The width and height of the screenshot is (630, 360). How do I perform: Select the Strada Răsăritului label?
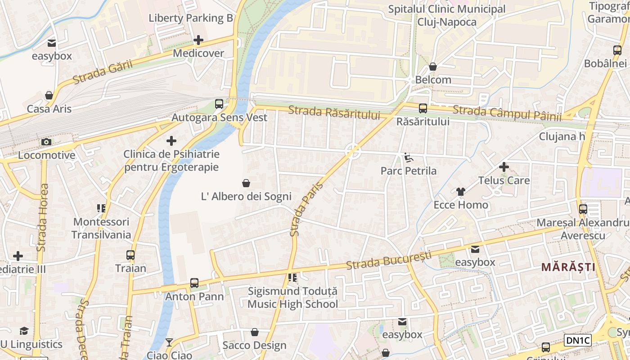coord(334,112)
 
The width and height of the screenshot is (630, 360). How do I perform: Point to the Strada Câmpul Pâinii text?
coord(507,113)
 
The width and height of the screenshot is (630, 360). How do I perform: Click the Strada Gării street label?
coord(103,72)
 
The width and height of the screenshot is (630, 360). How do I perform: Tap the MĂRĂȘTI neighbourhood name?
coord(568,267)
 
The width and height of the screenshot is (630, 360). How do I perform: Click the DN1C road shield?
coord(577,340)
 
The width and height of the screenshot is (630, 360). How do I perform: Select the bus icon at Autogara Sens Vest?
coord(219,104)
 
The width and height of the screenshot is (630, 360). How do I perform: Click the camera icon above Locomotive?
coord(46,142)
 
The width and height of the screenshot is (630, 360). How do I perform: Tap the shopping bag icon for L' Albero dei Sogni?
coord(246,183)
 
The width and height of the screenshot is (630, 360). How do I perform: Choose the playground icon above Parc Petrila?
coord(408,157)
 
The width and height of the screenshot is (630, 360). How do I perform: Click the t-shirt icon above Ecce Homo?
coord(460,192)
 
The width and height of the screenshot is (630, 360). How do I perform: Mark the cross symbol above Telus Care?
coord(504,167)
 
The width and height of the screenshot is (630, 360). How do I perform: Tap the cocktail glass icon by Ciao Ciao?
coord(169,342)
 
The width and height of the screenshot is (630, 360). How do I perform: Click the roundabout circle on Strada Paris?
coord(353,151)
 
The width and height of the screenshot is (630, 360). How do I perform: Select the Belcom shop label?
coord(433,80)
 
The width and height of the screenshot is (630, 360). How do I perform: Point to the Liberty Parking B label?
coord(191,18)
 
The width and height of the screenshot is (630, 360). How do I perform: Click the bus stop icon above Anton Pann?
coord(194,283)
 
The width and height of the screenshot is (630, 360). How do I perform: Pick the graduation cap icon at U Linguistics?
coord(24,331)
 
